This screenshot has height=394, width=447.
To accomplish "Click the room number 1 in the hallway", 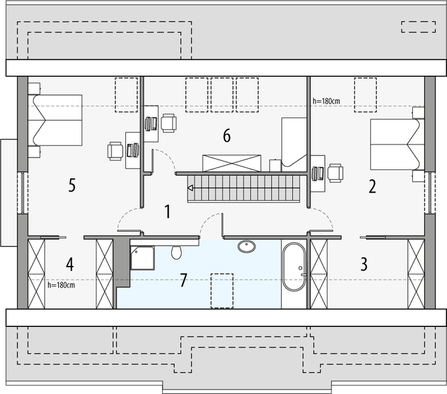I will [167, 211].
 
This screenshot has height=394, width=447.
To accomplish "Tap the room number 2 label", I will [372, 186].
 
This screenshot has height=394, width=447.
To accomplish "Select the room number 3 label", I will [364, 264].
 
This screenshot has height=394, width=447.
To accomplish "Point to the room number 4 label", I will [70, 265].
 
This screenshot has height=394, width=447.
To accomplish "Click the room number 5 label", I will [72, 186].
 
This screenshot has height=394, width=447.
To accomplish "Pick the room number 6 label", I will [226, 136].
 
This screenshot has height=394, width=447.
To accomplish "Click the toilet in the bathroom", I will [175, 252].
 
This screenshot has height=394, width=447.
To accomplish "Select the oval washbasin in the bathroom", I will [247, 247].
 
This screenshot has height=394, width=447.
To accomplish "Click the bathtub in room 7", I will [293, 267].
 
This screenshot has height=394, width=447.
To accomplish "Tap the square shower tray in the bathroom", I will [142, 258].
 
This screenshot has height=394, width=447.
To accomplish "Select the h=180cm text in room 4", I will [61, 285].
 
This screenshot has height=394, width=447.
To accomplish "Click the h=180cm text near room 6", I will [326, 100].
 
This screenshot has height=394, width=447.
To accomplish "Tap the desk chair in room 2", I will [335, 172].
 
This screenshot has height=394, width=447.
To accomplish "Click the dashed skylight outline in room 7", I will [221, 289].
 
